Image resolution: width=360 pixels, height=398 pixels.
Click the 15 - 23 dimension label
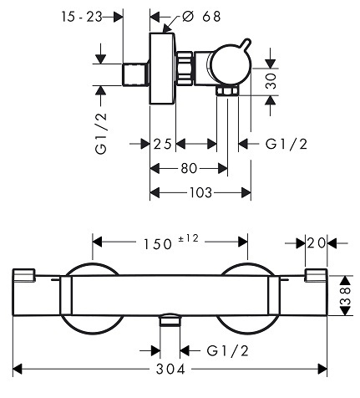pyautogui.click(x=82, y=17)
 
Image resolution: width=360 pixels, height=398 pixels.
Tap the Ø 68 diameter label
pyautogui.click(x=201, y=17)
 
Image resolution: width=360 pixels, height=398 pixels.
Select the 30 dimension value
pyautogui.click(x=271, y=81)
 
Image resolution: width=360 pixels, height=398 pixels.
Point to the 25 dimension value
pyautogui.click(x=162, y=144)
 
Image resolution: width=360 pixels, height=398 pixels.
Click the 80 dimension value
pyautogui.click(x=189, y=168)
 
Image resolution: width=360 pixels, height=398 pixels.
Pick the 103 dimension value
pyautogui.click(x=200, y=192)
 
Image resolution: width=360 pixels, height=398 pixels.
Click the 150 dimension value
pyautogui.click(x=157, y=244)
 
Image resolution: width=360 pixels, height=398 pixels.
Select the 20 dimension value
pyautogui.click(x=316, y=243)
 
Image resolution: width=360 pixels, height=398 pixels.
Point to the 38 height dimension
pyautogui.click(x=345, y=295)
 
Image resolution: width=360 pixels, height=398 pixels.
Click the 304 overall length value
pyautogui.click(x=170, y=370)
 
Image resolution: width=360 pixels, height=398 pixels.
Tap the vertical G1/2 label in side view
pyautogui.click(x=101, y=134)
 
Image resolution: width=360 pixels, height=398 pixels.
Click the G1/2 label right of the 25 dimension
pyautogui.click(x=286, y=144)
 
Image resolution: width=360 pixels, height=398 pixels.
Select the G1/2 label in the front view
pyautogui.click(x=227, y=350)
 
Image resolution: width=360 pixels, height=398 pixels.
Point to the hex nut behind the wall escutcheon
pyautogui.click(x=184, y=68)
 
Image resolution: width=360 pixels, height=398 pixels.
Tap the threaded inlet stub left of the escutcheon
pyautogui.click(x=135, y=74)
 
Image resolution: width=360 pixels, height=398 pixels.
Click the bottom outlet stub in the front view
pyautogui.click(x=170, y=319)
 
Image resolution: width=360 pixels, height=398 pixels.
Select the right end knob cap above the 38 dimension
pyautogui.click(x=316, y=275)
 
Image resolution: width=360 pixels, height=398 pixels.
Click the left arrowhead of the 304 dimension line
pyautogui.click(x=18, y=370)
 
